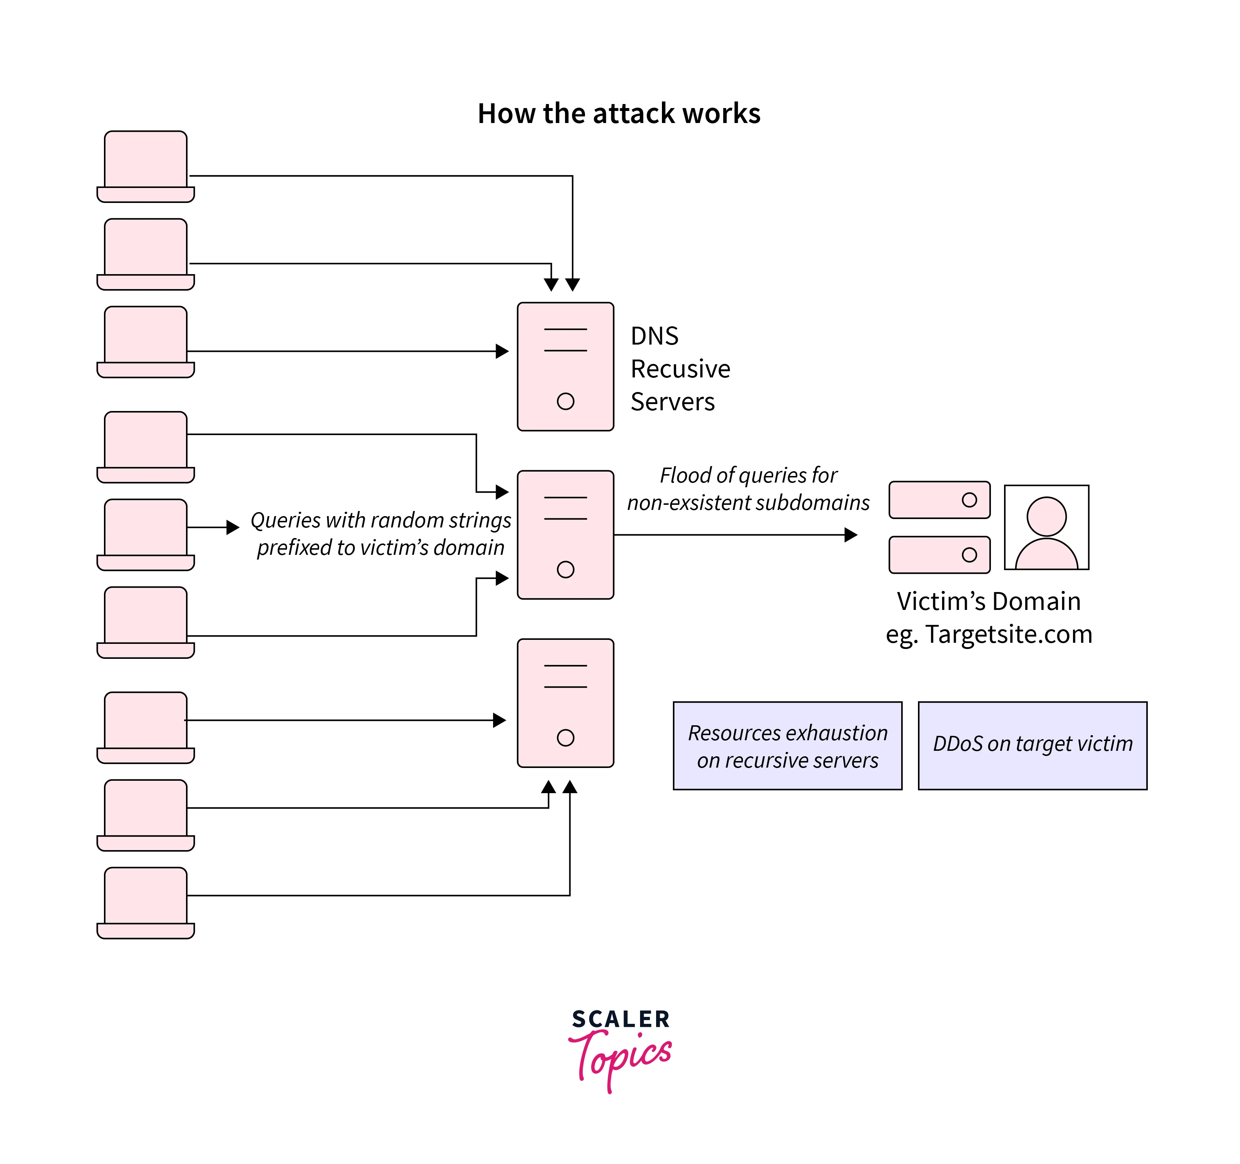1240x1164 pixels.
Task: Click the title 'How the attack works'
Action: click(619, 114)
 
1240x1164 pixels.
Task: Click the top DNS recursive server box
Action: click(565, 366)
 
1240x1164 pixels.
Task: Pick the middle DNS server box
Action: click(565, 534)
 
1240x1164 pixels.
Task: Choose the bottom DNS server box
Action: click(565, 702)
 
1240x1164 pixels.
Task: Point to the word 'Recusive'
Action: click(680, 369)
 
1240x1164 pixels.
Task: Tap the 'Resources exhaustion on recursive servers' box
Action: click(787, 745)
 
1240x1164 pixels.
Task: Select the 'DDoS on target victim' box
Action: click(1032, 745)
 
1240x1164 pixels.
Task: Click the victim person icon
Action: click(1046, 527)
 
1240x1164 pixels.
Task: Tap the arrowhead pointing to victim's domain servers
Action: click(851, 534)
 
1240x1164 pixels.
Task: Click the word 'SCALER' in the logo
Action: click(621, 1019)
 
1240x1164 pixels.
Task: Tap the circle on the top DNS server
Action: click(565, 401)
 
